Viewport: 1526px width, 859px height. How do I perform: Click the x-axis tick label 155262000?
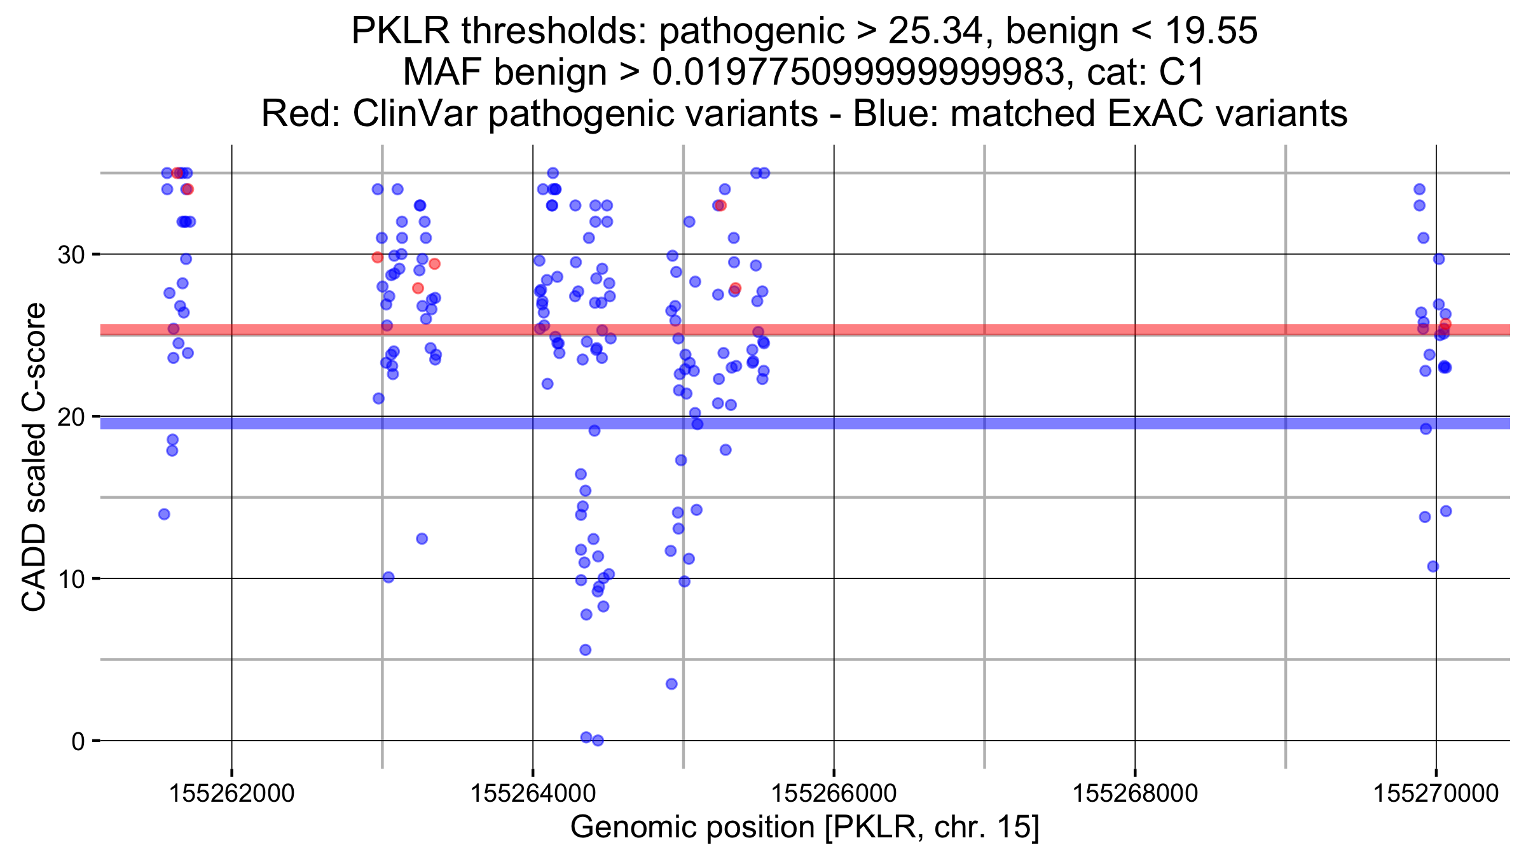tap(231, 793)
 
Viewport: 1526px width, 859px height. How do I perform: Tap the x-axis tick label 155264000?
tap(533, 793)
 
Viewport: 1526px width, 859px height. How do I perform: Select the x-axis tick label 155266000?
tap(834, 793)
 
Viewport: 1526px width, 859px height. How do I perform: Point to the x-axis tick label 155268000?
tap(1135, 793)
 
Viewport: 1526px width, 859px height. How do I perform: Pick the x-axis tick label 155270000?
tap(1436, 793)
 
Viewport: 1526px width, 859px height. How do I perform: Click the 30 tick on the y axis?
tap(71, 255)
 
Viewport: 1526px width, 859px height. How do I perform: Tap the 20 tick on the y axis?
tap(71, 417)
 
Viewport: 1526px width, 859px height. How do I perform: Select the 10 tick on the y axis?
tap(71, 579)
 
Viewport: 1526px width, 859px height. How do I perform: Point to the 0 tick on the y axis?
tap(78, 741)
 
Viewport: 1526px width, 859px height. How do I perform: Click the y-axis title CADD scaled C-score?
tap(34, 457)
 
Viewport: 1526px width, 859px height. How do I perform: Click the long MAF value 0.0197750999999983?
tap(858, 72)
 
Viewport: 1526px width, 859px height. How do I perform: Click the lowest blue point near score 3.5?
tap(671, 684)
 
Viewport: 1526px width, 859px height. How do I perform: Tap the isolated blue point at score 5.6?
tap(585, 650)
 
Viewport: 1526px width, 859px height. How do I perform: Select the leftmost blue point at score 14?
tap(164, 514)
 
